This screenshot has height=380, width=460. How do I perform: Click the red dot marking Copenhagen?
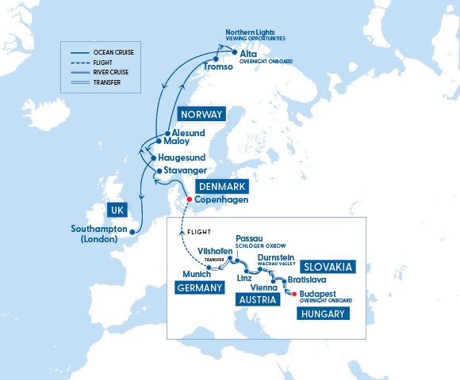(189, 199)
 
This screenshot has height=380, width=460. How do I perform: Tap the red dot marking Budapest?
(295, 294)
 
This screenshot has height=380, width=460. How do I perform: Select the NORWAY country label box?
(200, 114)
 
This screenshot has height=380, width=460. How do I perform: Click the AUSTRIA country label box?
(258, 300)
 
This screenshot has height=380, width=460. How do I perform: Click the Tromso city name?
(218, 67)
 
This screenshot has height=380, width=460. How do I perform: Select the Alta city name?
(250, 53)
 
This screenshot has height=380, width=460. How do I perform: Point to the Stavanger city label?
(187, 170)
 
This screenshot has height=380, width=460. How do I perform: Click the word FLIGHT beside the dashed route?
(199, 231)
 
